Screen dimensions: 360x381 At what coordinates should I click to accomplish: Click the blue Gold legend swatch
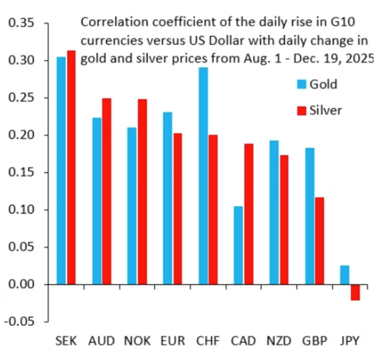pos(301,84)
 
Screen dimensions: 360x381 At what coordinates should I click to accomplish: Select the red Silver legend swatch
pos(301,111)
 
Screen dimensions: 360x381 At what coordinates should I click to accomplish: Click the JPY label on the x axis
pos(349,341)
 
